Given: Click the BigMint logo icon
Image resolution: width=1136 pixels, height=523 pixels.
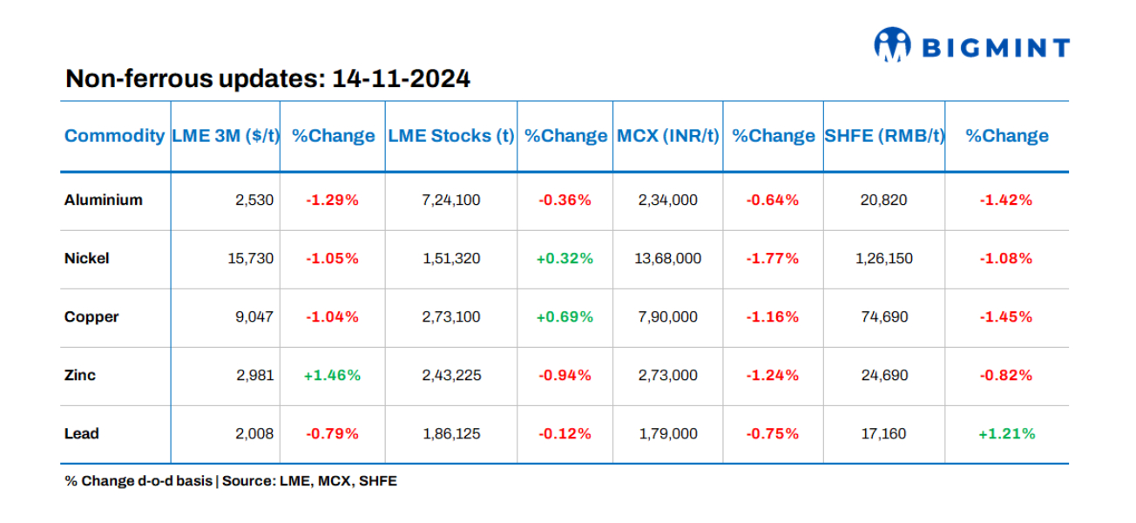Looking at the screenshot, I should coord(892,45).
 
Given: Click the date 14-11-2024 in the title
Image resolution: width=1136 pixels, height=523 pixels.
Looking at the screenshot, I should coord(402,79).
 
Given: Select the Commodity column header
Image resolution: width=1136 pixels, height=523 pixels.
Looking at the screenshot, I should coord(114,136).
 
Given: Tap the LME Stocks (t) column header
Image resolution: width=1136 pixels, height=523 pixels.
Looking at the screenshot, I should coord(450,136).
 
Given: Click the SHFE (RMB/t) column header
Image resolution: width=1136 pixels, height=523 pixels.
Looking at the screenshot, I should coord(884,136).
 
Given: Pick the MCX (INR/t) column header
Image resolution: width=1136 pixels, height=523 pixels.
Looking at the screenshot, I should coord(668,136).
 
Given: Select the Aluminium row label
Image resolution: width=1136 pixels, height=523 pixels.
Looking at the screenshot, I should coord(103,200).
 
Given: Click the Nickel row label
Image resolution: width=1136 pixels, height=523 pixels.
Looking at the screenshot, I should coord(86,258).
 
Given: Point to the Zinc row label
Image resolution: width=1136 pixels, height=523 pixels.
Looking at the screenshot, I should coord(80,375).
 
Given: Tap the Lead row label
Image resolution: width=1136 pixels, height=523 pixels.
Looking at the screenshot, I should coord(81,433).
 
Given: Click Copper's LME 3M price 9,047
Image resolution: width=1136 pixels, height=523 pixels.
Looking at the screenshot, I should coord(254,316).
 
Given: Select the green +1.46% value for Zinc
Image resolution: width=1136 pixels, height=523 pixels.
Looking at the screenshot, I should coord(332,375).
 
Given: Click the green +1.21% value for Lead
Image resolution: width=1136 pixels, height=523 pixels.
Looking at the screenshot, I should coord(1006,433).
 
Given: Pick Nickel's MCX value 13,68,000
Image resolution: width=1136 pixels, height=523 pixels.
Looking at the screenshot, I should coord(668,258).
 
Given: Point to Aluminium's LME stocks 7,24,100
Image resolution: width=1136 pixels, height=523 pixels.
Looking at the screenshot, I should coord(451,200).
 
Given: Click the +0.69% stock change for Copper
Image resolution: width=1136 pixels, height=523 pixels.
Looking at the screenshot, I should coord(565,316).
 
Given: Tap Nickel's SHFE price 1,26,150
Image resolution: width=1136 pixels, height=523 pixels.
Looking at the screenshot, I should coord(883,258).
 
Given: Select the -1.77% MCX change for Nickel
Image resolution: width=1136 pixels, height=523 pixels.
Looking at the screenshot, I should coord(772,258).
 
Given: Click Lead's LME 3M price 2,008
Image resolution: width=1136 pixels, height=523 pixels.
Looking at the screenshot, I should coord(254,433).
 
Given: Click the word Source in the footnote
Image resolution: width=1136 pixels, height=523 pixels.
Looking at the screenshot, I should coord(247,481).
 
